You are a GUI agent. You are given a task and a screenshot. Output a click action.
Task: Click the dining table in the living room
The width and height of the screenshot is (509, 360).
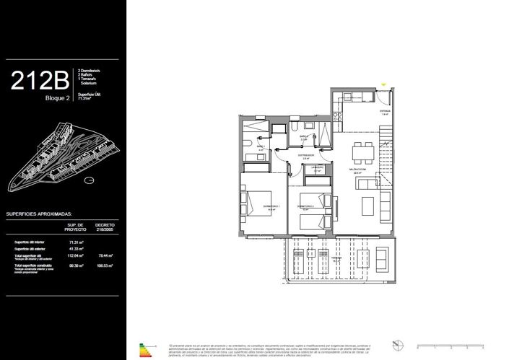362,152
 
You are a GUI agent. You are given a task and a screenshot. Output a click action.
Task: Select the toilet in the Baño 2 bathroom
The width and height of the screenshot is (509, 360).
297,127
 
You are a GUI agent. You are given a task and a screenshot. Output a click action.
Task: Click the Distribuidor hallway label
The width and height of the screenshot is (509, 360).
305,155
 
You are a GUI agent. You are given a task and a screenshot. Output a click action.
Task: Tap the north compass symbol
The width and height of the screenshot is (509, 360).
396,344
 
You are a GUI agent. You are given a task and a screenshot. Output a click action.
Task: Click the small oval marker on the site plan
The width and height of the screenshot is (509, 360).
89,180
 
